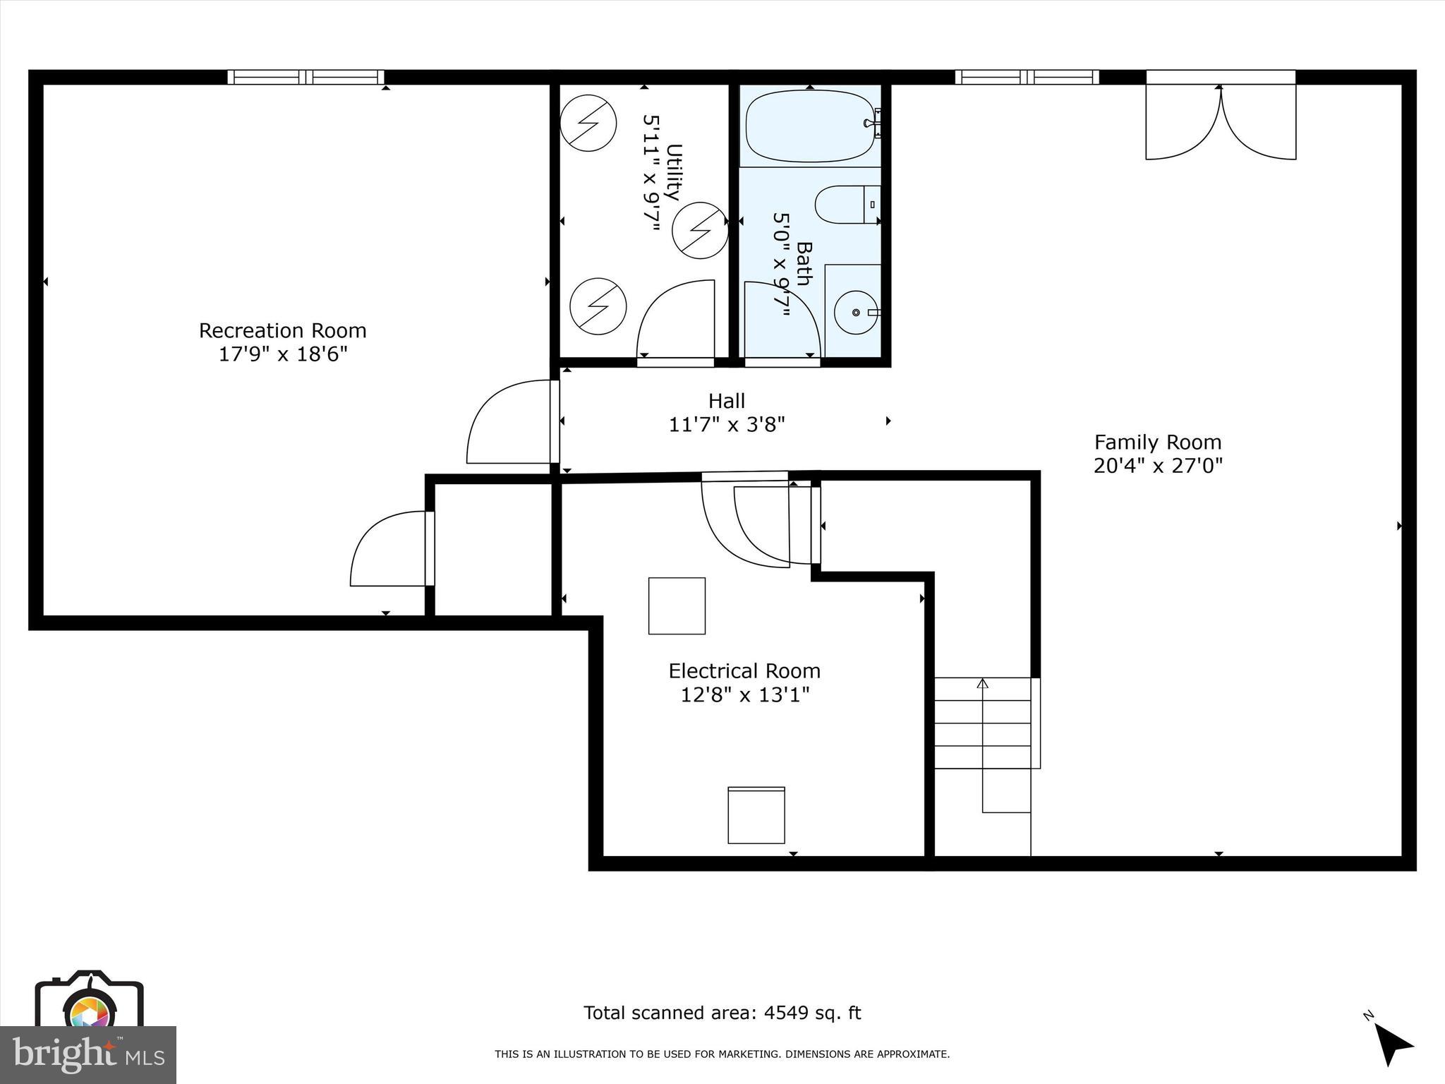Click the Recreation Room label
point(282,330)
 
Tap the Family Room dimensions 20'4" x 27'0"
point(1158,466)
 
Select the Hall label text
point(726,401)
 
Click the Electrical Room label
point(744,670)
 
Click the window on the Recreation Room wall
point(306,77)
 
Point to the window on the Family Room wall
point(1027,77)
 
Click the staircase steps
point(983,723)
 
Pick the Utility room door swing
point(675,321)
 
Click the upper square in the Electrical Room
point(677,606)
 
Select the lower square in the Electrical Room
point(756,815)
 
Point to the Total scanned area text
point(722,1013)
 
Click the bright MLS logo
point(88,1054)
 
